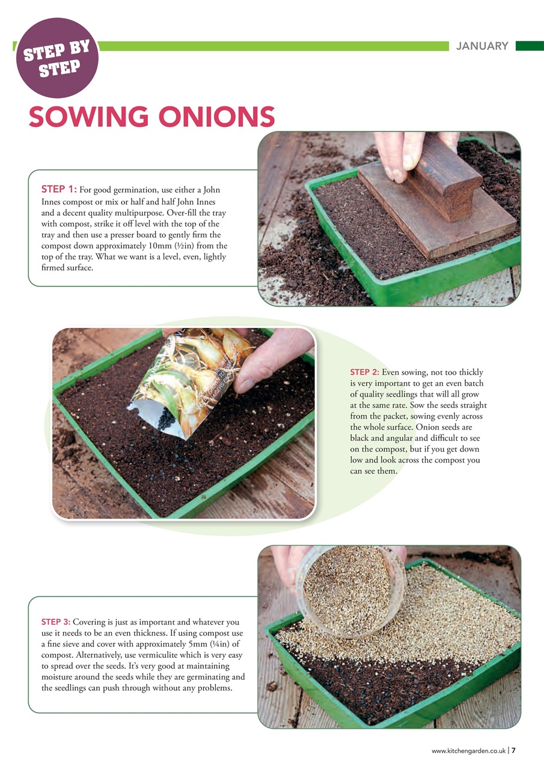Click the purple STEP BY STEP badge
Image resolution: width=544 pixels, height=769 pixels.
point(57,58)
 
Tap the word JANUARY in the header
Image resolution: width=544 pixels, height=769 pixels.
point(482,46)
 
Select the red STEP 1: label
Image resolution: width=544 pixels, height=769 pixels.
point(58,190)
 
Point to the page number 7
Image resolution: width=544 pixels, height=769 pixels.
point(514,750)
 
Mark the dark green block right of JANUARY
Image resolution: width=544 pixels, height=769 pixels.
point(529,46)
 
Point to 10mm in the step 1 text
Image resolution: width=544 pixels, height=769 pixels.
point(167,246)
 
